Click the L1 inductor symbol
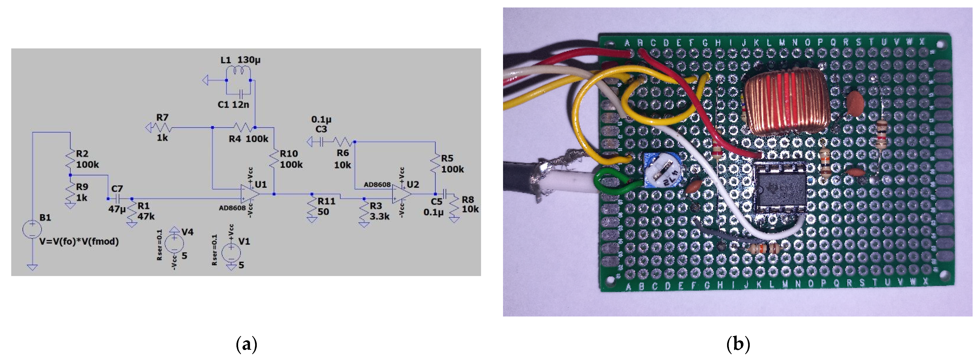(x=238, y=71)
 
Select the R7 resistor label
(x=162, y=118)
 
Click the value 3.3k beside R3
(x=379, y=216)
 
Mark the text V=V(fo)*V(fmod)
(x=79, y=241)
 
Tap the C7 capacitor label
(x=117, y=189)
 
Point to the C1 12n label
(x=233, y=104)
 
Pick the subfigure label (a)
(x=246, y=344)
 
